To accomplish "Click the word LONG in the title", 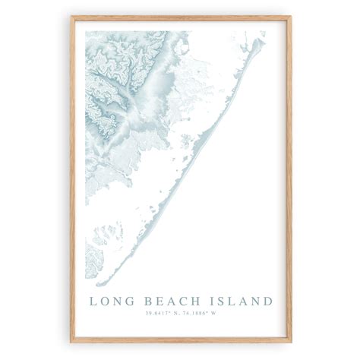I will pyautogui.click(x=109, y=301).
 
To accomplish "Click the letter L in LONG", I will pyautogui.click(x=93, y=301).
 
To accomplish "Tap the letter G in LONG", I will pyautogui.click(x=126, y=301).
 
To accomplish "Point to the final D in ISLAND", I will pyautogui.click(x=267, y=301).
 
